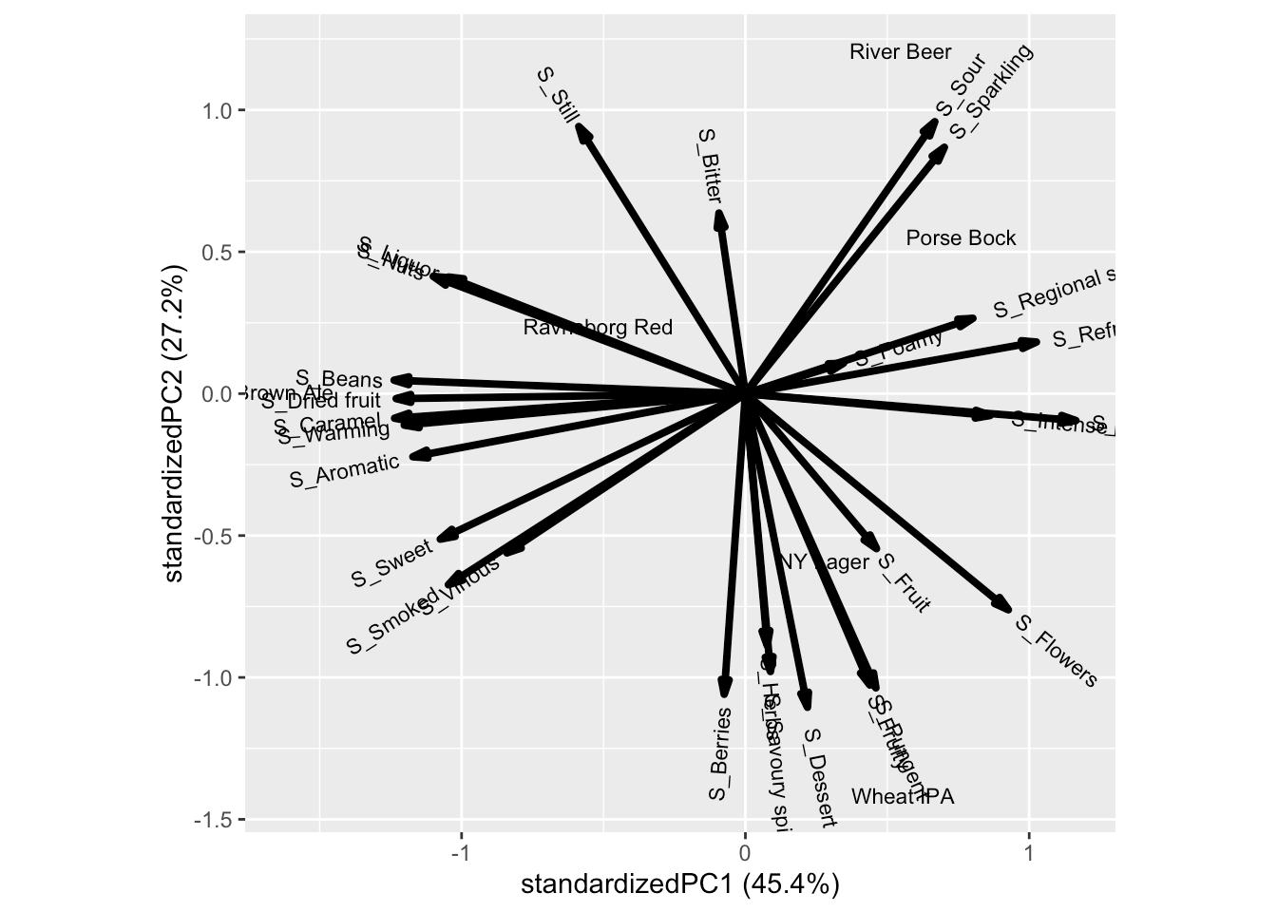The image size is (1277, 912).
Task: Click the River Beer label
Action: tap(900, 52)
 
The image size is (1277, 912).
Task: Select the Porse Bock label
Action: tap(961, 238)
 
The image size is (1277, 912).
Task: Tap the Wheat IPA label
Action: tap(902, 797)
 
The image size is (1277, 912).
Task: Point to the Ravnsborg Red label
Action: tap(598, 328)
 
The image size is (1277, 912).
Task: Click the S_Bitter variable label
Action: tap(710, 166)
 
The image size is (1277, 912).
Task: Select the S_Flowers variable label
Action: tap(1057, 651)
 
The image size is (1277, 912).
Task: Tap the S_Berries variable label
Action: tap(720, 753)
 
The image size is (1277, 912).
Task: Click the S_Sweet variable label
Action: tap(391, 564)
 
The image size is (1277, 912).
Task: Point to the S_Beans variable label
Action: tap(339, 380)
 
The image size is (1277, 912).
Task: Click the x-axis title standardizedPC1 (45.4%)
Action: tap(679, 885)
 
